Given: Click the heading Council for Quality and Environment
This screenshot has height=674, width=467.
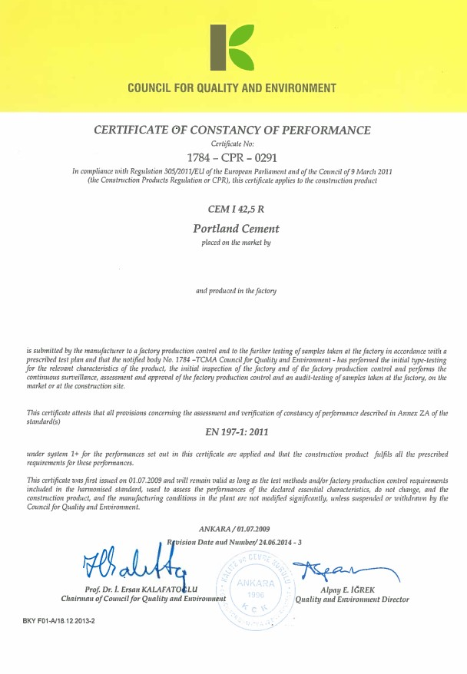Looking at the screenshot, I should point(232,88).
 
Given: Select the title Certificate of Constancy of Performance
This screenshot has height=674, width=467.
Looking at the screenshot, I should point(232,130).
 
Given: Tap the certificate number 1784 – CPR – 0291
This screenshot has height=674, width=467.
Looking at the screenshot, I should point(232,157).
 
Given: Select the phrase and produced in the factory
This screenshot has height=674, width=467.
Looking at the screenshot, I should point(236,291).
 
